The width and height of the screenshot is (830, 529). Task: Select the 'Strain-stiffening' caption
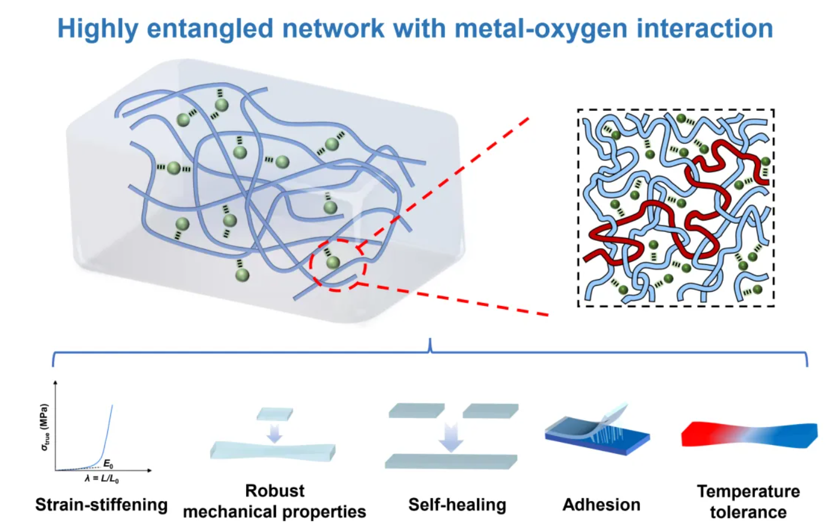pyautogui.click(x=101, y=505)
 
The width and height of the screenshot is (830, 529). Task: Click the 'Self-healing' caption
pyautogui.click(x=457, y=505)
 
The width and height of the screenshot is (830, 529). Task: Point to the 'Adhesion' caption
pyautogui.click(x=601, y=505)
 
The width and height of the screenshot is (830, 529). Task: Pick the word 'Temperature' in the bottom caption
pyautogui.click(x=748, y=491)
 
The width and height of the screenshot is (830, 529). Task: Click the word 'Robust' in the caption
pyautogui.click(x=275, y=491)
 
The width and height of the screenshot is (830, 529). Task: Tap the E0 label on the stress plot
pyautogui.click(x=108, y=463)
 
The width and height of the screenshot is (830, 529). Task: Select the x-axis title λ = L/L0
pyautogui.click(x=101, y=479)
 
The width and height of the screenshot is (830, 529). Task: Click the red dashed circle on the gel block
pyautogui.click(x=338, y=264)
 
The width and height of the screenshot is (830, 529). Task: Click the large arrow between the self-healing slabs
pyautogui.click(x=451, y=438)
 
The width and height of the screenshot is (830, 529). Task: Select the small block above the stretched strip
pyautogui.click(x=275, y=414)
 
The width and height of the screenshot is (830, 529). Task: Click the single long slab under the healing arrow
pyautogui.click(x=450, y=461)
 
